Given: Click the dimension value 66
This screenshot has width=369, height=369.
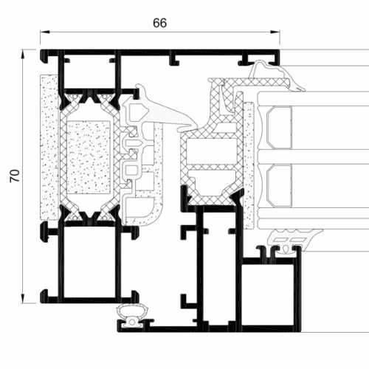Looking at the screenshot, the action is tap(159, 23).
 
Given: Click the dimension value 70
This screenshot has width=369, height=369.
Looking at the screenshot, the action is tap(15, 176).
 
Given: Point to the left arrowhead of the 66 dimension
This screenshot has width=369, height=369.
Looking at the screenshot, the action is tap(45, 32).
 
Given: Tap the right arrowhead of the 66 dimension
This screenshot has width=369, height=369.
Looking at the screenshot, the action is tap(275, 32).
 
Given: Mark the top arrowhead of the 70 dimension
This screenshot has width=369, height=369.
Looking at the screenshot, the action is tap(23, 54).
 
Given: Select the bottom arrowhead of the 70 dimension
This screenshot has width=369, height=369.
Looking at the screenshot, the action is tap(23, 298).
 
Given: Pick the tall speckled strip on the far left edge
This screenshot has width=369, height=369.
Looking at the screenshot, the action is tap(49, 147).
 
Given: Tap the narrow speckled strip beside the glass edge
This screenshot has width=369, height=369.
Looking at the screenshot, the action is tap(249, 165).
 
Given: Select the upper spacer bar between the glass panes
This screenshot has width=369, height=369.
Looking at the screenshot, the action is tap(279, 128).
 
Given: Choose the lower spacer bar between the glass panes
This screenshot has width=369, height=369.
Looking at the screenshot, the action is tap(279, 186).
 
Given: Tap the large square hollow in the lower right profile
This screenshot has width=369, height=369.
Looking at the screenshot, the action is tap(268, 294).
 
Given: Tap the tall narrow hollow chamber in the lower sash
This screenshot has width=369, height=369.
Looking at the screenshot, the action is tap(219, 266).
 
